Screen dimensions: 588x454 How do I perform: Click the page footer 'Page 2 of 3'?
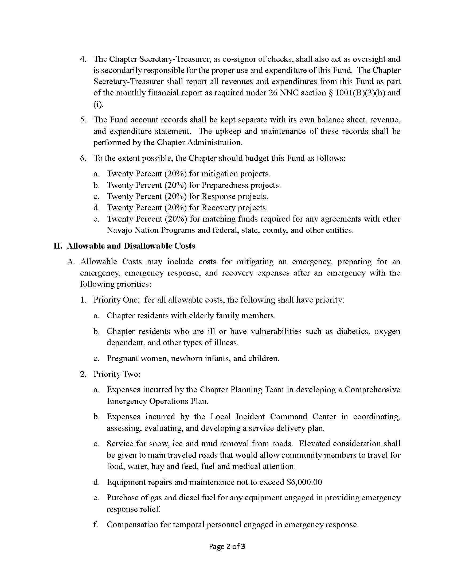click(x=227, y=546)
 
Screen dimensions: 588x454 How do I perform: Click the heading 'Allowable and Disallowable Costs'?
click(x=131, y=246)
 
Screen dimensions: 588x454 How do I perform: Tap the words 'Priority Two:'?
click(x=117, y=374)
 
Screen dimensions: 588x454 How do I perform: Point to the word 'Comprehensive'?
click(x=372, y=390)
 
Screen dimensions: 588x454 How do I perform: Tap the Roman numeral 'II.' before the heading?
click(x=58, y=246)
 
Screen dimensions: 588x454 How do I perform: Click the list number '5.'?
click(x=83, y=119)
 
